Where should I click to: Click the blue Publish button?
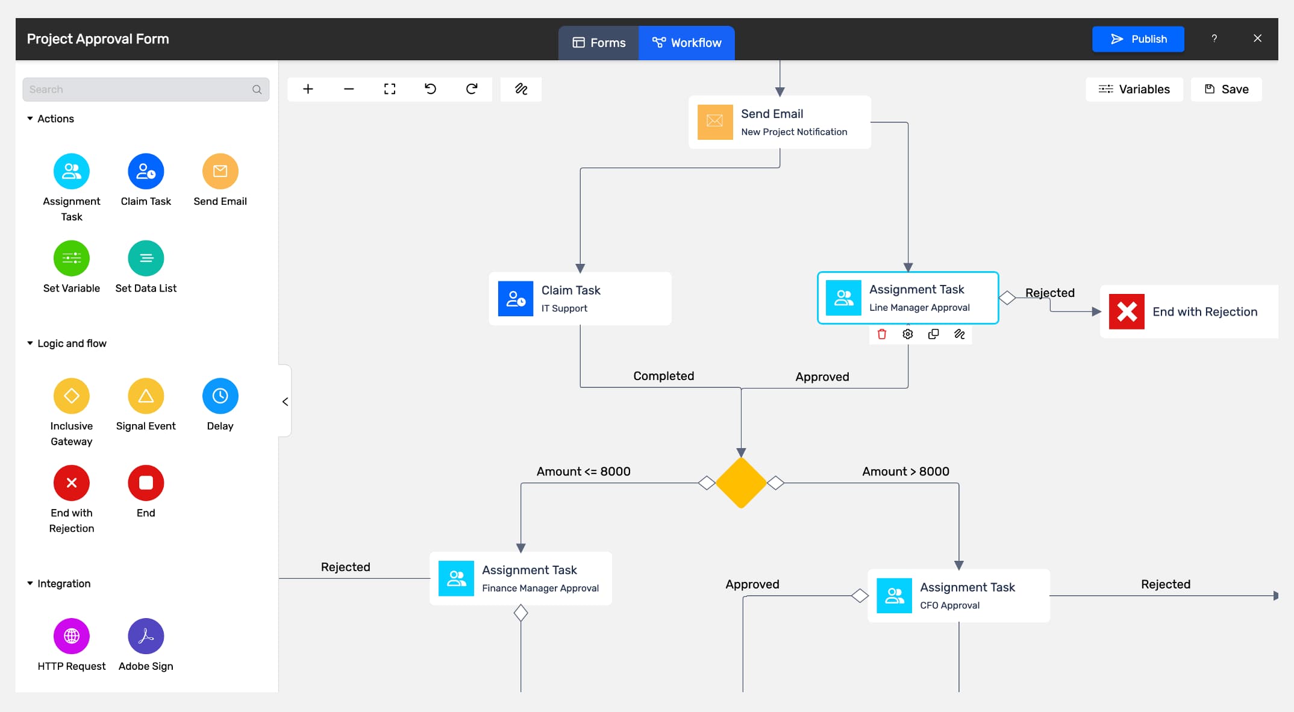[1138, 39]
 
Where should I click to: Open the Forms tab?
[599, 43]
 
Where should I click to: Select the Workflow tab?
[687, 43]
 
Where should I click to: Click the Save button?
[1226, 89]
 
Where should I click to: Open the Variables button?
[1134, 89]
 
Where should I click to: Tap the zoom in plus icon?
[308, 89]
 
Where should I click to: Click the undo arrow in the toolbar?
[430, 89]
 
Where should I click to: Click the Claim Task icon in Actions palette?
[146, 171]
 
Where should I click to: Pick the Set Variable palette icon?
[72, 258]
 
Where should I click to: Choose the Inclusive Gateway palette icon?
[72, 396]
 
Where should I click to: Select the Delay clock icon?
[220, 396]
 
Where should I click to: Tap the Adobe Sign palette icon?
[146, 636]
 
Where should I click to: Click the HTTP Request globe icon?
[72, 636]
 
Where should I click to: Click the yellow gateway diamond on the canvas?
[741, 482]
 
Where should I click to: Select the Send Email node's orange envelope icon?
[715, 122]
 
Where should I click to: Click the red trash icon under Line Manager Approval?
[882, 334]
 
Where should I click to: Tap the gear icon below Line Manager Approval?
[908, 334]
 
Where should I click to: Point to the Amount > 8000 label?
[905, 471]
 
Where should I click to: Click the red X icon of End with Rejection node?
[1127, 311]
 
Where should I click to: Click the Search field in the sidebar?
[146, 89]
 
